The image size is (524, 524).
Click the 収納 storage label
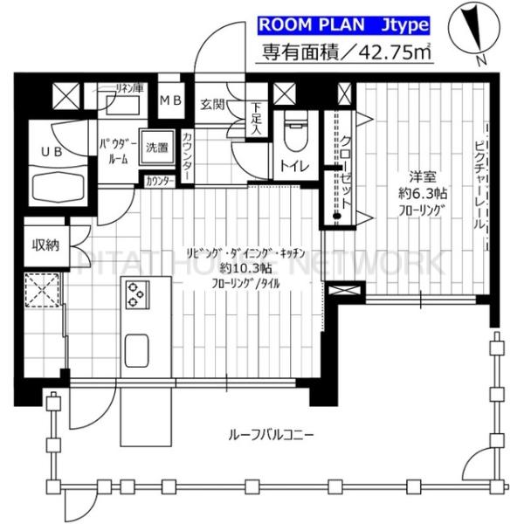[x=45, y=244]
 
